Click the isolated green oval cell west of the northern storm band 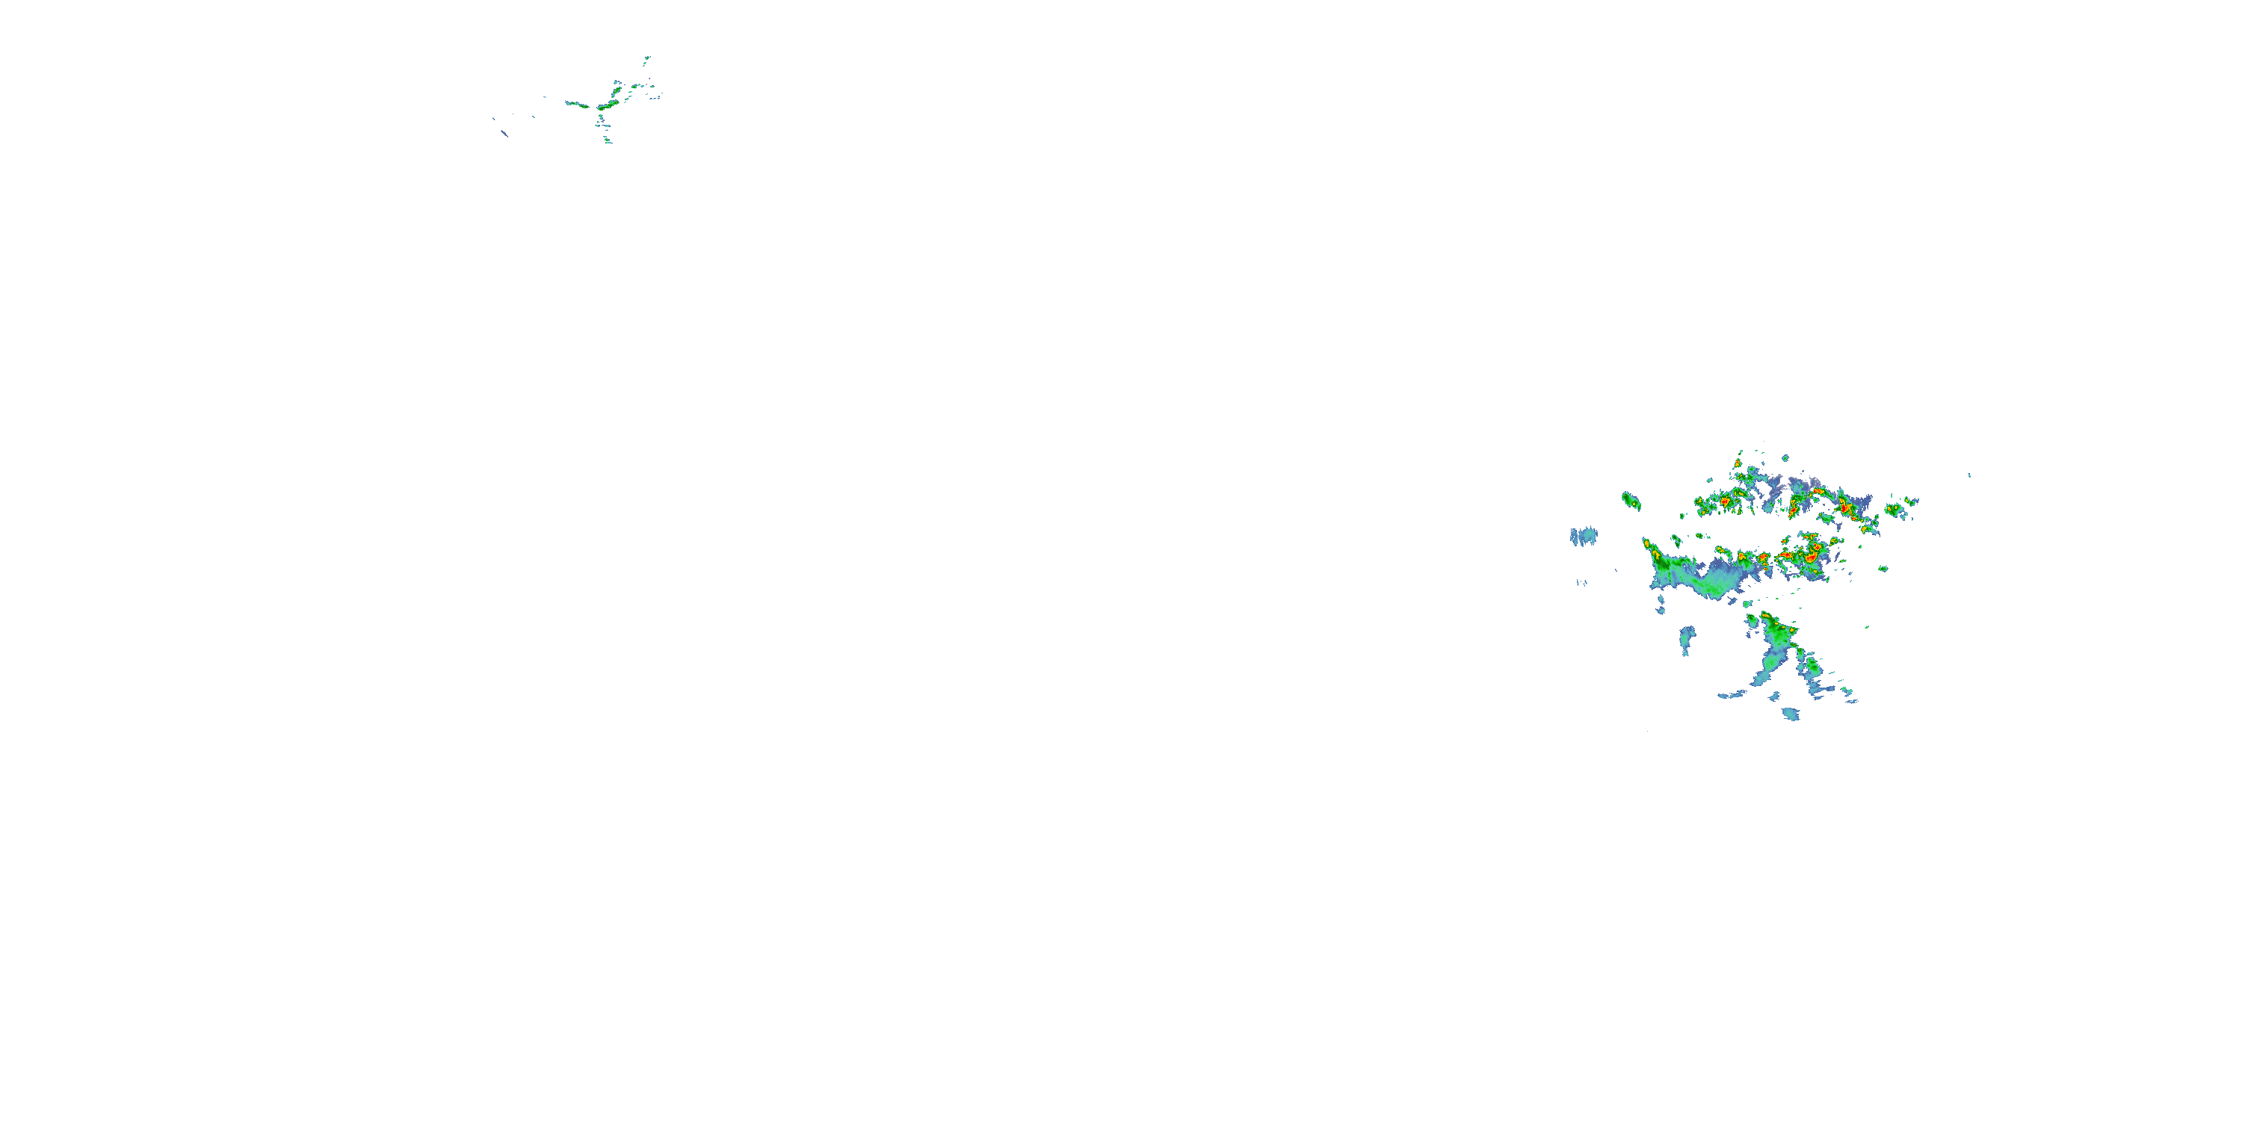[1630, 501]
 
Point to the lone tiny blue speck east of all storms [1969, 475]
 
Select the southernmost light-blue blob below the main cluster [1791, 714]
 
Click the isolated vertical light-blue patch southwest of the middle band [1687, 639]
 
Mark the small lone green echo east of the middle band [1883, 568]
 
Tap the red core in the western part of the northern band [1724, 501]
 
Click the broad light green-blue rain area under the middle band [1706, 581]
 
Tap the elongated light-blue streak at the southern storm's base [1732, 694]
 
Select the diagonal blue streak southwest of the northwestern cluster [504, 133]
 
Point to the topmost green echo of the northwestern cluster [646, 60]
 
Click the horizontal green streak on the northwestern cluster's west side [575, 104]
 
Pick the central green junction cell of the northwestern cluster [603, 106]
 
